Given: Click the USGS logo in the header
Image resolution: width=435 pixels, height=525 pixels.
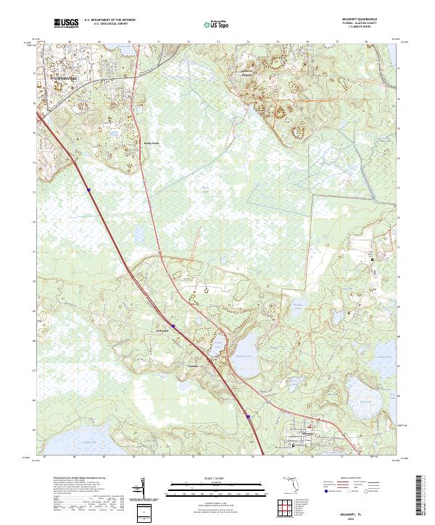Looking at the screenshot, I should (66, 24).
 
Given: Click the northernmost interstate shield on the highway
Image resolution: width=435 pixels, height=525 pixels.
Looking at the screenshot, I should (89, 190).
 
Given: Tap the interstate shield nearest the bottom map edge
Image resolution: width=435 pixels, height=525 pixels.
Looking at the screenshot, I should (246, 416).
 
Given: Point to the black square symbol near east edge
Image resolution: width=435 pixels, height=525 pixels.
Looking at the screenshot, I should (374, 259).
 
